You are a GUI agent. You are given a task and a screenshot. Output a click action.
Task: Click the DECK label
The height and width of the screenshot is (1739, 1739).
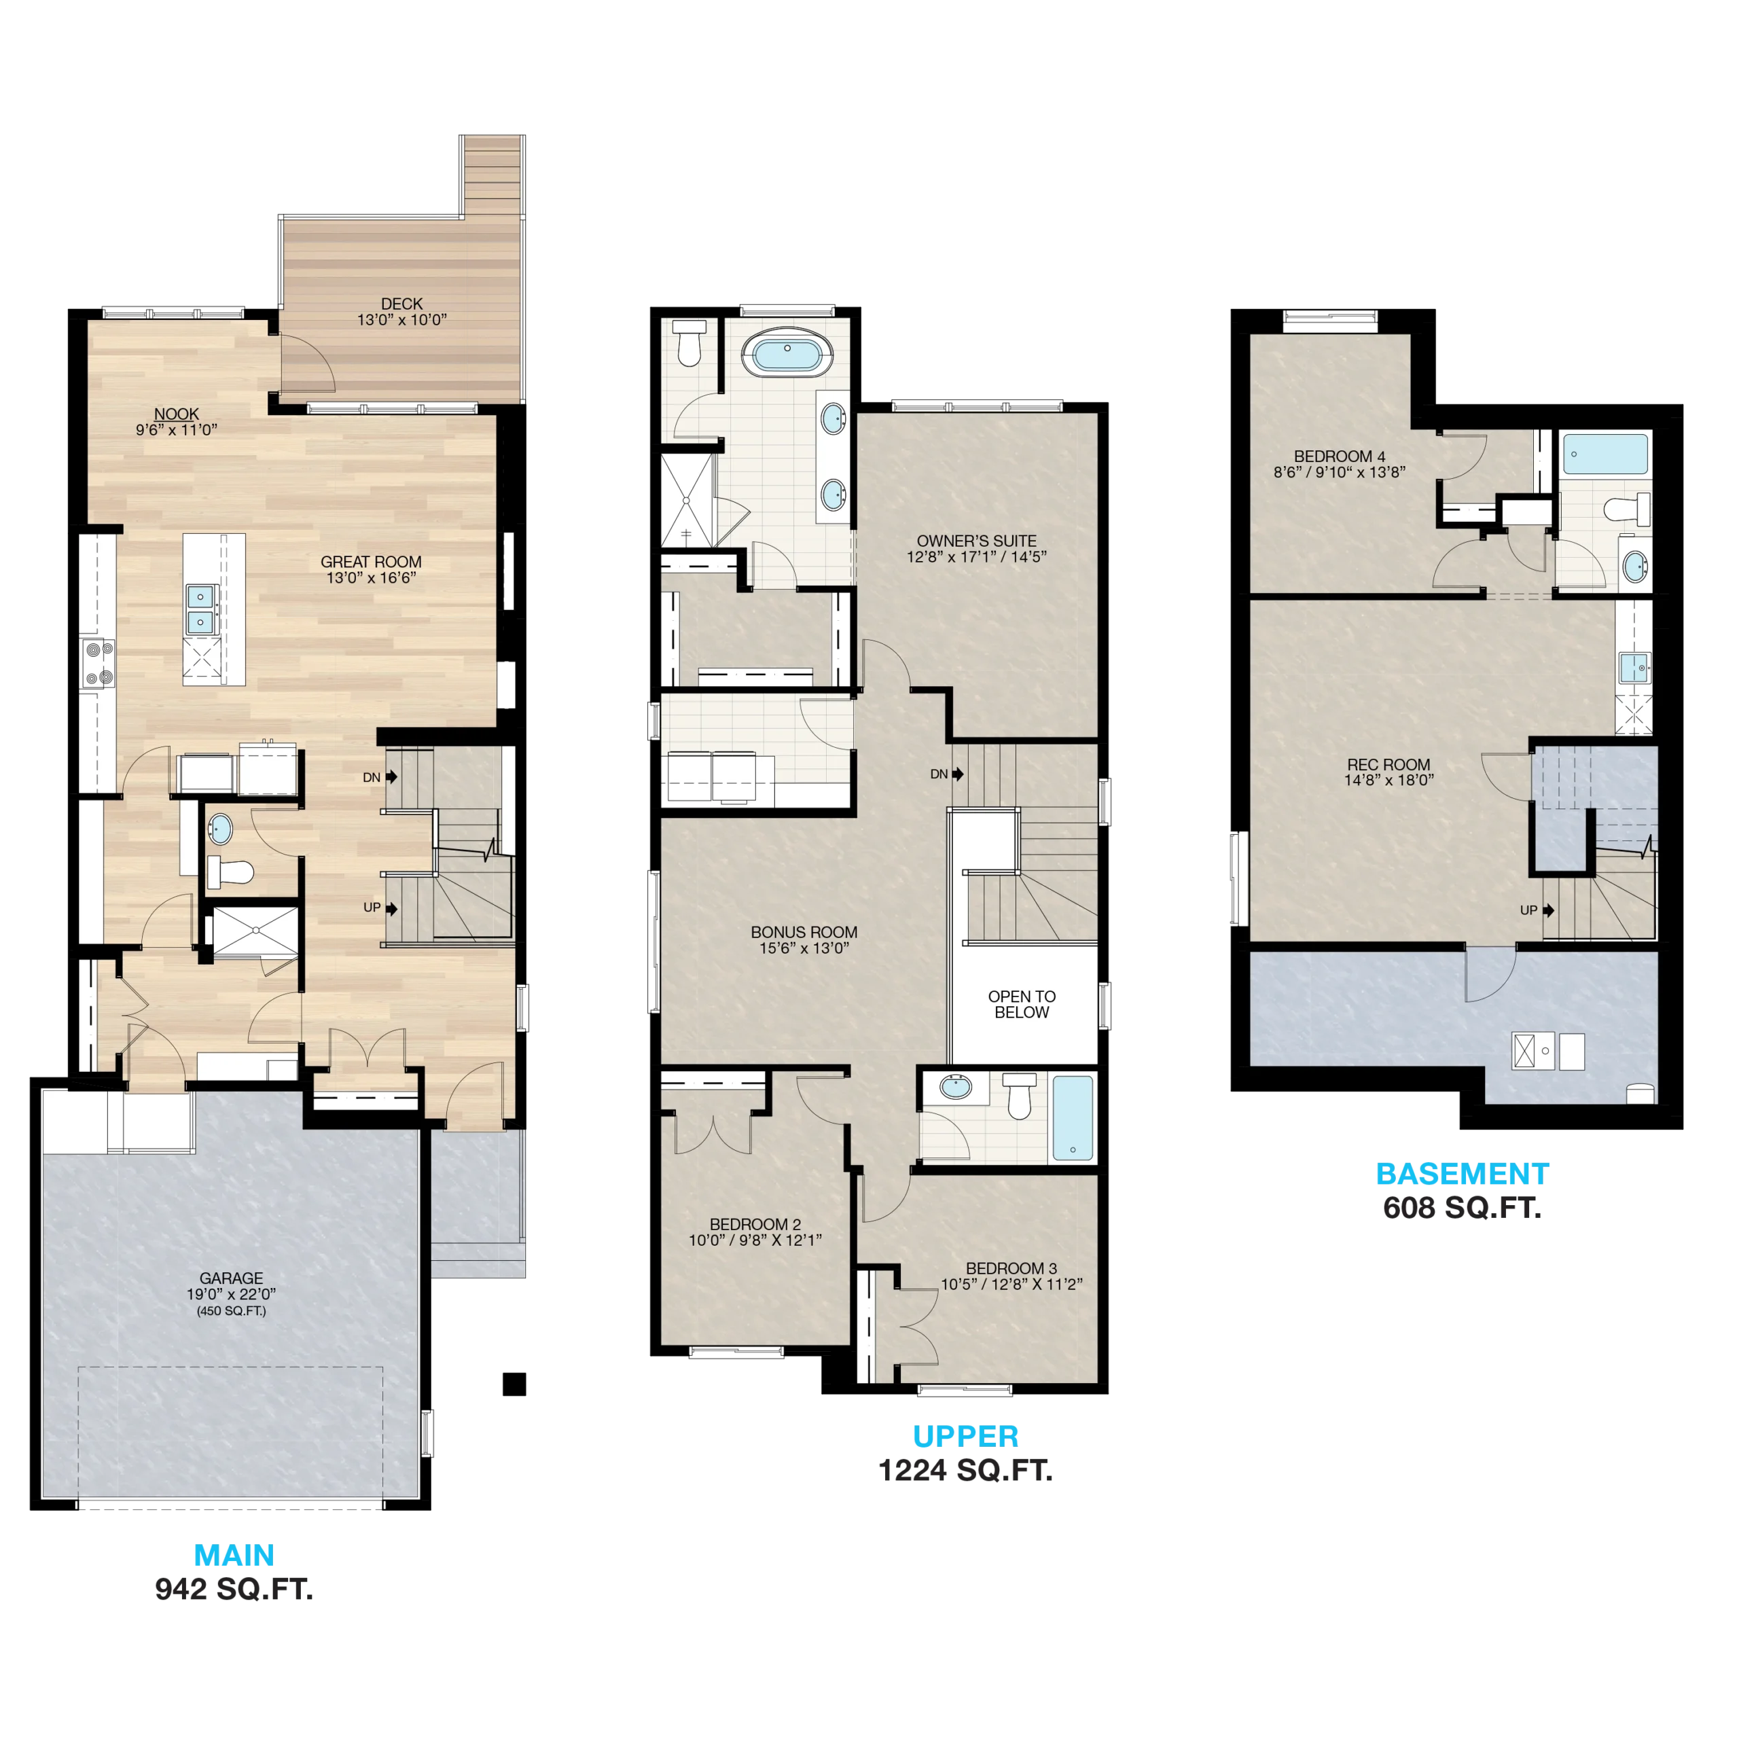(401, 304)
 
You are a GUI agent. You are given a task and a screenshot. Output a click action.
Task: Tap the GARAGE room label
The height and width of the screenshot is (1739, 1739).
(232, 1278)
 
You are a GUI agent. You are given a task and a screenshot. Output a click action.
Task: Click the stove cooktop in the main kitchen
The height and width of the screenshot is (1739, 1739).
(97, 664)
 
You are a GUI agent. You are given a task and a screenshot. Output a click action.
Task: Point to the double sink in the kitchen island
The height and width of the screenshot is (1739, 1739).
(200, 609)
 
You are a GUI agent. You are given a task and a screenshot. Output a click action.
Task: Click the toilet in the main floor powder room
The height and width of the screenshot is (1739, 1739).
(230, 872)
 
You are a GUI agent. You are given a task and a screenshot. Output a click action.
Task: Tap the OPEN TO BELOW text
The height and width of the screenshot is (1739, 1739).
(1022, 1005)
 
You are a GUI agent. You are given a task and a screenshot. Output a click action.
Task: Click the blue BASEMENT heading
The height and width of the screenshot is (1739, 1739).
(1462, 1174)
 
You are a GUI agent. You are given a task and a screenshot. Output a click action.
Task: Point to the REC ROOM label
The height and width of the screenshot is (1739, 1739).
(1388, 765)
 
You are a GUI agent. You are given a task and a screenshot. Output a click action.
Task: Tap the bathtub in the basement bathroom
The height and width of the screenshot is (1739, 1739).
(1605, 454)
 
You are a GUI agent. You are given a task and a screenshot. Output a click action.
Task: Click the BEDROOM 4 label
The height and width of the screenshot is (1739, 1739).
(1340, 456)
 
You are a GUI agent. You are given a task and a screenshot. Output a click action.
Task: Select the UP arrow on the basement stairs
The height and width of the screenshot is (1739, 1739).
(1548, 910)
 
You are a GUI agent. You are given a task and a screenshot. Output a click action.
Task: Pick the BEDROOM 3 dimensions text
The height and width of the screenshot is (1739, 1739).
(1011, 1285)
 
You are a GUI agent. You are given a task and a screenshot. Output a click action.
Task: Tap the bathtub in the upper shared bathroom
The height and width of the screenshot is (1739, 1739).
(1073, 1119)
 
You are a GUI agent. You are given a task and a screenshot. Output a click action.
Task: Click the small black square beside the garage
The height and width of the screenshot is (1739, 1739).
(514, 1384)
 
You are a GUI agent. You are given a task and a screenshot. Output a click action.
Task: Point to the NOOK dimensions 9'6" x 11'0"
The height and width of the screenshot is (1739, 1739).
(177, 430)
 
